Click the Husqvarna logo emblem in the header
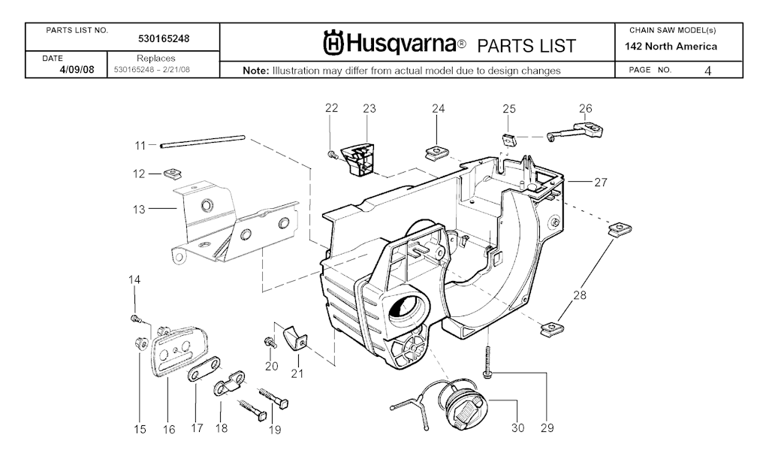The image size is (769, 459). tap(335, 44)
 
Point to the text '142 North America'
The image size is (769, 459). tap(671, 47)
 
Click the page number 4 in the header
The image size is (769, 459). tap(708, 71)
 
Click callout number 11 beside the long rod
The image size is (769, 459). tap(140, 144)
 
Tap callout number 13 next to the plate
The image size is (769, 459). tap(139, 210)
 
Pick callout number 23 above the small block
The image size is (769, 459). tap(369, 109)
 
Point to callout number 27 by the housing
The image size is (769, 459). tap(600, 182)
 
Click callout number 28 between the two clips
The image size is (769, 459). tap(579, 295)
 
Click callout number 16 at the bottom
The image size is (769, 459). tap(169, 430)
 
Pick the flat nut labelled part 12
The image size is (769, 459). tap(172, 174)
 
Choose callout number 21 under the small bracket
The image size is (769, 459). tap(297, 373)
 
